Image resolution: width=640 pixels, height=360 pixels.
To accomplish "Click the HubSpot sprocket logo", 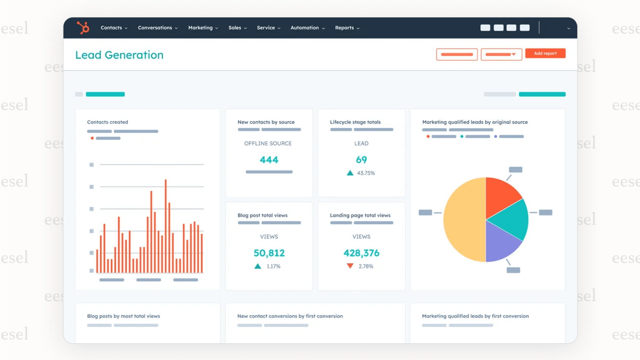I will tap(83, 28).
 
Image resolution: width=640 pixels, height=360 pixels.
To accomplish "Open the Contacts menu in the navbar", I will tap(114, 28).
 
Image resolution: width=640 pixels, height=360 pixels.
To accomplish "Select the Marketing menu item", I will tap(203, 28).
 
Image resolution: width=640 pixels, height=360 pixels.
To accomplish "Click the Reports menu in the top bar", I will tap(347, 28).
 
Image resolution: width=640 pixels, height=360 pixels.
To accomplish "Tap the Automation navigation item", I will tap(307, 28).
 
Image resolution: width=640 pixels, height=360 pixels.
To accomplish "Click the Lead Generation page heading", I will tap(119, 55).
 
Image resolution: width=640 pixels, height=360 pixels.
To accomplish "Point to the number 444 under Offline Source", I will tap(269, 160).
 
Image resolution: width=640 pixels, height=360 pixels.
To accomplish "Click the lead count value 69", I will tap(361, 160).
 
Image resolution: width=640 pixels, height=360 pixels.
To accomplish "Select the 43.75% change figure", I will tap(366, 173).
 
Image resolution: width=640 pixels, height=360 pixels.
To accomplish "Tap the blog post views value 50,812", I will tap(269, 253).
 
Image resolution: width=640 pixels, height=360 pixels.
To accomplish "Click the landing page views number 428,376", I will tap(361, 253).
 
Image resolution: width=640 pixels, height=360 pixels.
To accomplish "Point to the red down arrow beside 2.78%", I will tap(350, 266).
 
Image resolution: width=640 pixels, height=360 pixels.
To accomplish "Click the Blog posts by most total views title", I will tap(123, 316).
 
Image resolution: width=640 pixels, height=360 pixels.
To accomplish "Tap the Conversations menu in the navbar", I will tap(157, 28).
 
